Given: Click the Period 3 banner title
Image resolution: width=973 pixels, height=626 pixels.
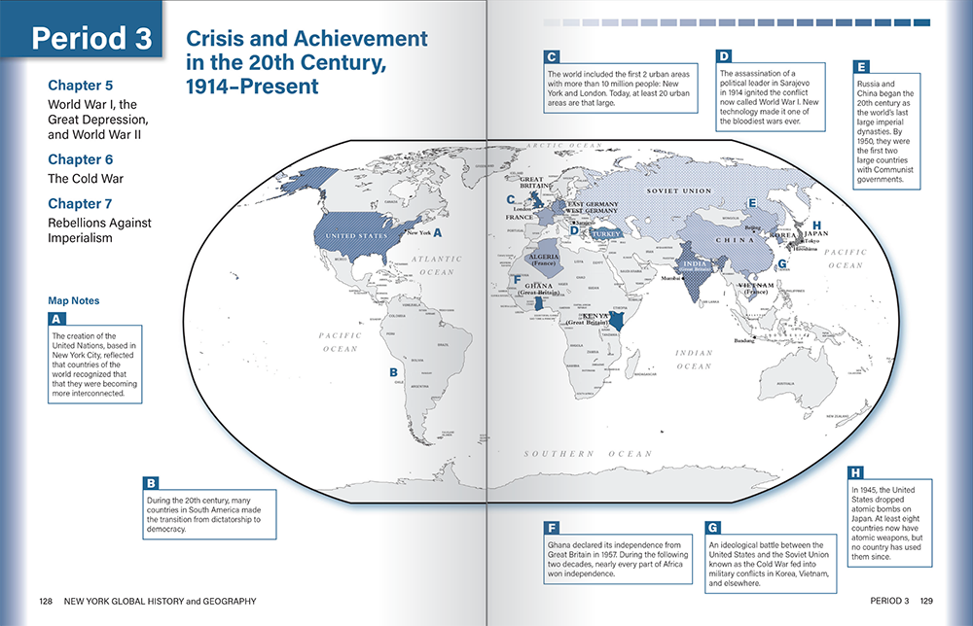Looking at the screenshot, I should (x=91, y=38).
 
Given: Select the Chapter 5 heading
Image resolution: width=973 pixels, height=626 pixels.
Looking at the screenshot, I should (x=81, y=85).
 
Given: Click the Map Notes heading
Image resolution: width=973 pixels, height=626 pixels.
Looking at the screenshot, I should (x=73, y=300).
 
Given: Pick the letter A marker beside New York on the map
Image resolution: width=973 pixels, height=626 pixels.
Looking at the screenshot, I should (x=437, y=232).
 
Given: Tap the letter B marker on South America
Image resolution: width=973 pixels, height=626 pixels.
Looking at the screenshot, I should (x=393, y=371).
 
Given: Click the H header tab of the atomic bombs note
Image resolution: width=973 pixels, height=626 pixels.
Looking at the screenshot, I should (x=855, y=471).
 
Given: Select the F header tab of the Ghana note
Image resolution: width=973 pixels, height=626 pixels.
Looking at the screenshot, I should (x=552, y=527).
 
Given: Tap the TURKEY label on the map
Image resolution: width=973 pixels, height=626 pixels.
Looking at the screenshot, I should (x=605, y=234).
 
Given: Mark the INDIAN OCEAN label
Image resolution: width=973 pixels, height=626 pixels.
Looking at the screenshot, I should (x=694, y=360).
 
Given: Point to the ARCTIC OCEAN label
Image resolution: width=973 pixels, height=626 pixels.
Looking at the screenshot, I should (x=559, y=145).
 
